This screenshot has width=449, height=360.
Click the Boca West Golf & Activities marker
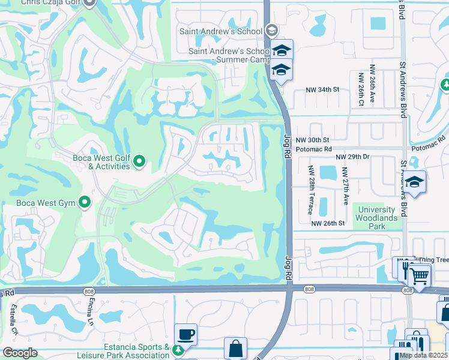coord(140,161)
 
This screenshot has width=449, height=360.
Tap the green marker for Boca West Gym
coord(85,202)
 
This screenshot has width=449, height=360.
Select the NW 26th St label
coord(328,223)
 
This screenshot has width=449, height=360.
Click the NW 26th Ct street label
coord(361,89)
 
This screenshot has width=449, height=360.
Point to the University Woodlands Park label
coord(376,214)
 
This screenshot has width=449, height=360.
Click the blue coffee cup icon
coord(185,333)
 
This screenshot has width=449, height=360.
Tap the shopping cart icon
coord(420,275)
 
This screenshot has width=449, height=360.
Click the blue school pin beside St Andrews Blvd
coord(415,181)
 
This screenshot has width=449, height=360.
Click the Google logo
coord(20,352)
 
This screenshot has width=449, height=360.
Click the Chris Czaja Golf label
coord(51,3)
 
